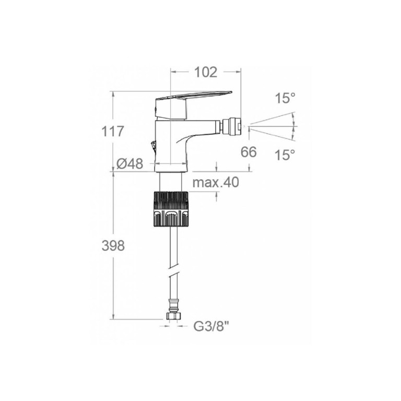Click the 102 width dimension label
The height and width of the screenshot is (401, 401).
pos(206,72)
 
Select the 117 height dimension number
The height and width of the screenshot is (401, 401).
pos(113,132)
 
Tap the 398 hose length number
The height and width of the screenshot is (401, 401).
pos(113,246)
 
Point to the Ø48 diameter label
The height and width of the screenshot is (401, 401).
pos(129,163)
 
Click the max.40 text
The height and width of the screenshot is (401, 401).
pos(216,182)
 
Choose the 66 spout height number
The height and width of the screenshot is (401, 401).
pos(249,152)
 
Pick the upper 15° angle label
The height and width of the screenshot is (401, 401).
pos(285,98)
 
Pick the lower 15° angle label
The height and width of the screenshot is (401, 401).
pos(285,155)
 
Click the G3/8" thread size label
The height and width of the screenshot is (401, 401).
pos(211,326)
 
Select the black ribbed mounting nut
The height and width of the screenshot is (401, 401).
pos(171,209)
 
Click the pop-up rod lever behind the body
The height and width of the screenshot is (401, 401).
pos(153,146)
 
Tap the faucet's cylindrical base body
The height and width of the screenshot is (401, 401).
pos(171,146)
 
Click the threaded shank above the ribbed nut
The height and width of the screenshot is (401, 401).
pos(171,181)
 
